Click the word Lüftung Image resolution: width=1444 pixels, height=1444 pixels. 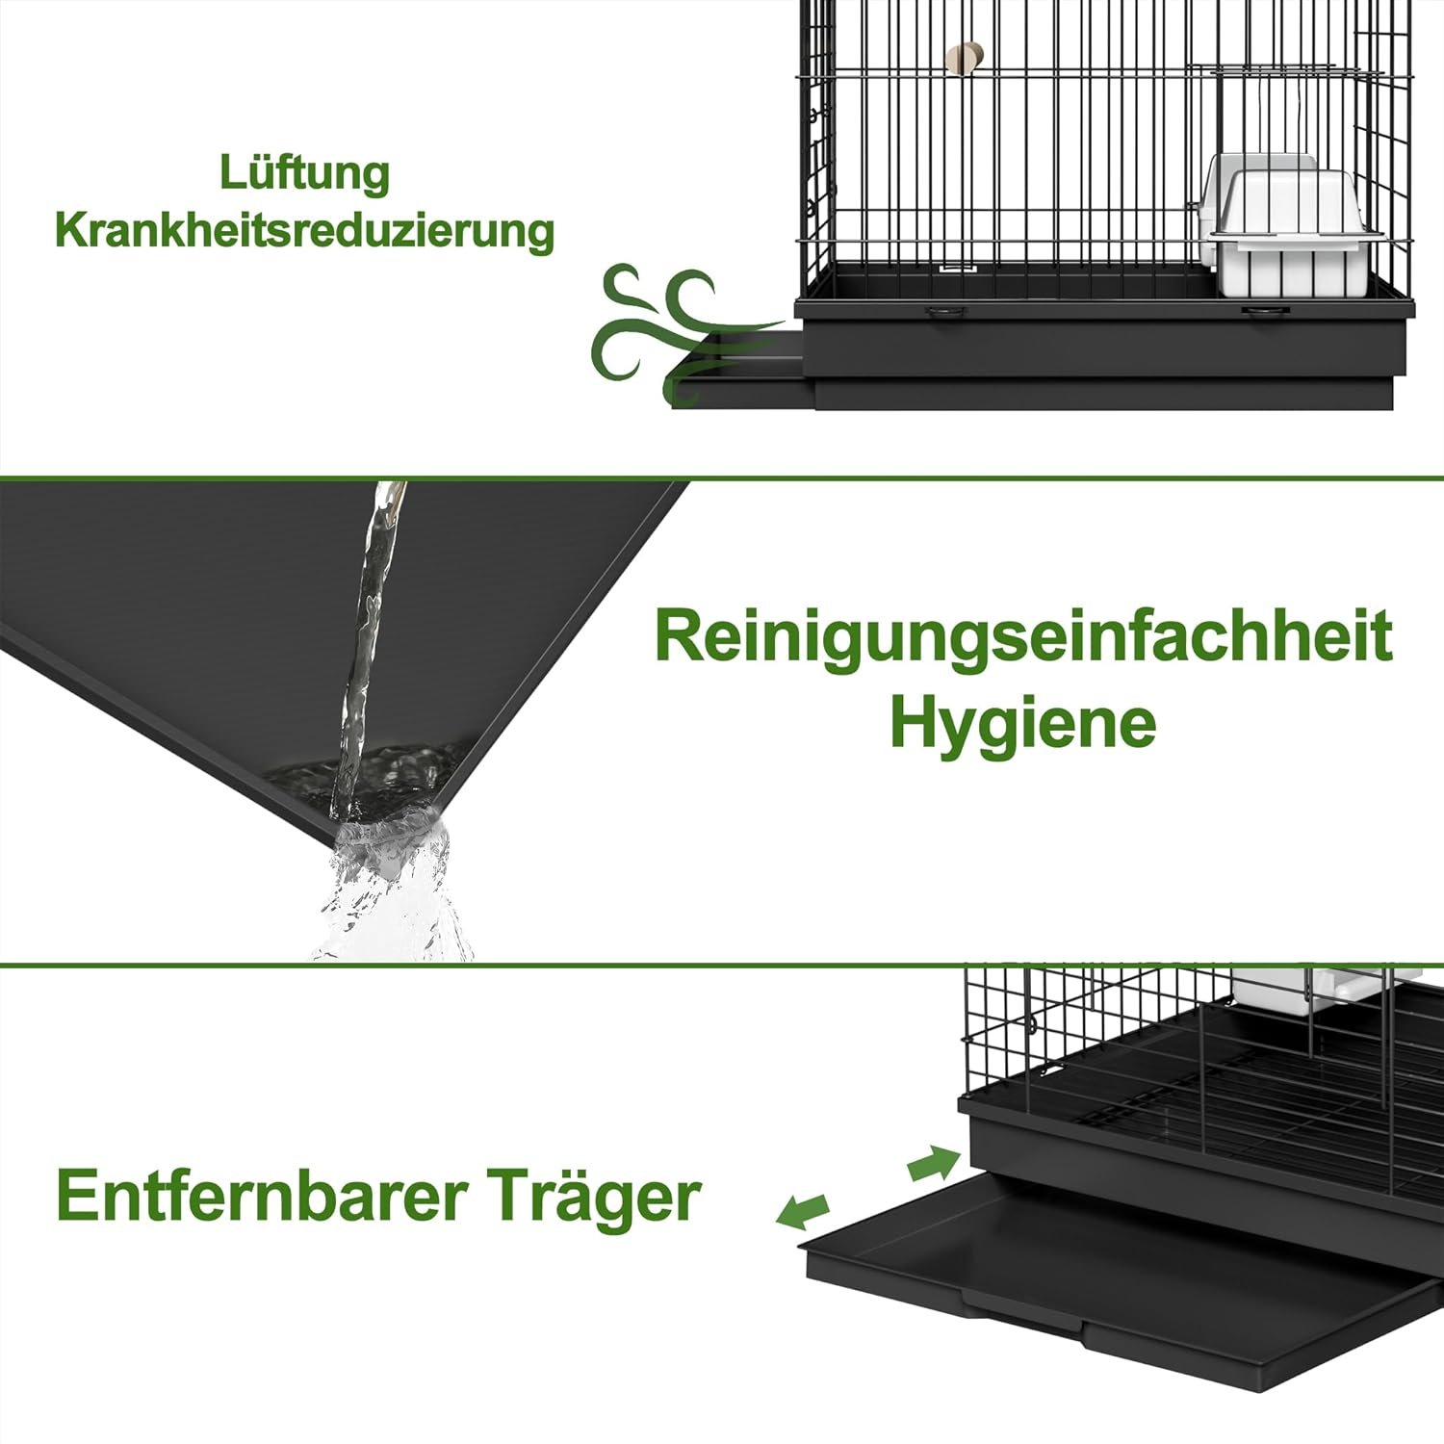(304, 174)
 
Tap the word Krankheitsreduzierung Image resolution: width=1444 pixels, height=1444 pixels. (304, 231)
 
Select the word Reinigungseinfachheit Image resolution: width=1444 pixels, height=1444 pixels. (1023, 637)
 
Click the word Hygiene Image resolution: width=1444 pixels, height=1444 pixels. (1022, 724)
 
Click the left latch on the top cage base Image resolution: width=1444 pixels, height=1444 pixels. (945, 312)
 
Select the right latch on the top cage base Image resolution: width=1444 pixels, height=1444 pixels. (1263, 312)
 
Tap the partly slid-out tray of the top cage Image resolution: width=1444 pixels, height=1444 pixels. (742, 369)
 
